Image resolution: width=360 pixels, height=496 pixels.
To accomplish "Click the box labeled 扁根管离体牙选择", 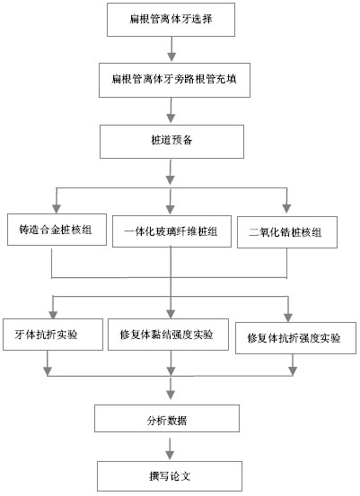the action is (x=171, y=20).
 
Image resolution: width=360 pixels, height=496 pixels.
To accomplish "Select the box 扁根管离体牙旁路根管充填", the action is (x=174, y=80).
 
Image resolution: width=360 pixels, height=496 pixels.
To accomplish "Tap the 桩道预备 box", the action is (x=172, y=142).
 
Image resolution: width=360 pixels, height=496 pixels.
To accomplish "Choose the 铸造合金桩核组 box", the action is (x=57, y=230).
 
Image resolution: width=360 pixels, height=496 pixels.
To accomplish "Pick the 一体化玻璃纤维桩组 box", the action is (x=172, y=231).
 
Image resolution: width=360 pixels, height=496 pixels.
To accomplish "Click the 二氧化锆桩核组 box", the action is (x=287, y=232).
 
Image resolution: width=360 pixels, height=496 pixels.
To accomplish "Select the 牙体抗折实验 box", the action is (x=53, y=335).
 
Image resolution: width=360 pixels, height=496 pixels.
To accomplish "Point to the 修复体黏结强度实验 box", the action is (x=168, y=335).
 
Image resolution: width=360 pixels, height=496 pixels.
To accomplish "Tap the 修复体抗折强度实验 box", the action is (x=295, y=338).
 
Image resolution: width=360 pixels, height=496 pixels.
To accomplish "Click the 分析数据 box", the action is (x=167, y=418).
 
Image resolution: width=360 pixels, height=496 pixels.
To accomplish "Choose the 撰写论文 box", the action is (x=170, y=475).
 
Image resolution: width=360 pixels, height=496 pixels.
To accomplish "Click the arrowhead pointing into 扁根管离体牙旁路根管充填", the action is (x=171, y=57).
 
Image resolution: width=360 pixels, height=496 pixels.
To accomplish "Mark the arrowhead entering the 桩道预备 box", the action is (x=171, y=118).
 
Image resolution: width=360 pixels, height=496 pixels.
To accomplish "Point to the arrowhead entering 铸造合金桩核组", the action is (x=57, y=208).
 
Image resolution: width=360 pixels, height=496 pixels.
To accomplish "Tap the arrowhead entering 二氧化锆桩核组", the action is (x=287, y=208).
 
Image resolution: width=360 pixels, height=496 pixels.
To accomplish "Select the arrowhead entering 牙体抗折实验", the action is (x=53, y=314).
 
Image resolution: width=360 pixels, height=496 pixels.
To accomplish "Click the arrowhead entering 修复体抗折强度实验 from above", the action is (x=288, y=318).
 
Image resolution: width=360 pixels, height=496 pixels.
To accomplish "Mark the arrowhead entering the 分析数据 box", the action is (x=171, y=395).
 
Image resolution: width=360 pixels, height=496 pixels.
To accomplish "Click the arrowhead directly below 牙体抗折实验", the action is (x=48, y=371).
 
